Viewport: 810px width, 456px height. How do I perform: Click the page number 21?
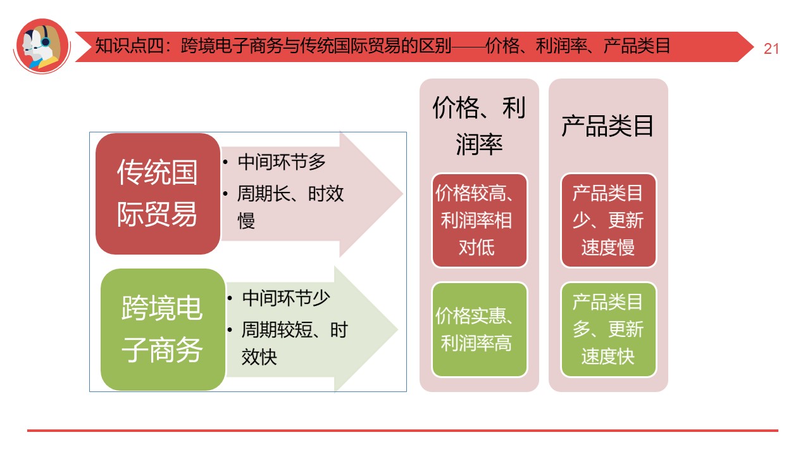coord(771,49)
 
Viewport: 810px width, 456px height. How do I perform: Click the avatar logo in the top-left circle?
coord(42,46)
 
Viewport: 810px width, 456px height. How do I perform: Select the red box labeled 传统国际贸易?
coord(158,194)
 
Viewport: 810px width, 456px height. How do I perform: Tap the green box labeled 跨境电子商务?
coord(163,329)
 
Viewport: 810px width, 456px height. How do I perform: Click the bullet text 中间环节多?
coord(282,162)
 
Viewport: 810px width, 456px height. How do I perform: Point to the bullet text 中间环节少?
coord(286,298)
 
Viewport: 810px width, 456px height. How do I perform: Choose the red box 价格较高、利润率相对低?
coord(479,220)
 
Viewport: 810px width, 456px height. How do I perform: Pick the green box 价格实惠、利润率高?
coord(479,329)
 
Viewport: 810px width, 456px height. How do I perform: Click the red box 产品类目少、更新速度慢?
coord(608,220)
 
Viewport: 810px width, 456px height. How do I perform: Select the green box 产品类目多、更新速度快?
coord(608,329)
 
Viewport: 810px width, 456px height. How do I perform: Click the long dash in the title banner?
coord(468,46)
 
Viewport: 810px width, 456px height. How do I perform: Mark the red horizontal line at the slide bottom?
coord(402,431)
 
